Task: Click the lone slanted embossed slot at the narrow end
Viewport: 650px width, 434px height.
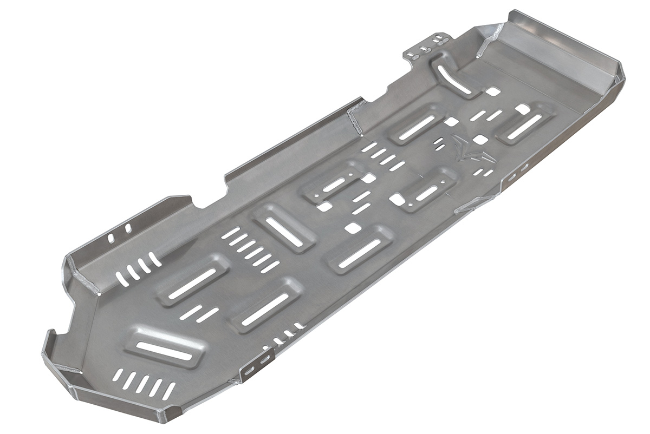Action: (165, 350)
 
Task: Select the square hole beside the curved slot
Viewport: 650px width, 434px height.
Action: (492, 92)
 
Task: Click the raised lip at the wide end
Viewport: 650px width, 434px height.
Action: (558, 43)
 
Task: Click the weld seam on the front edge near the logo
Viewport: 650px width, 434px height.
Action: (466, 207)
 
